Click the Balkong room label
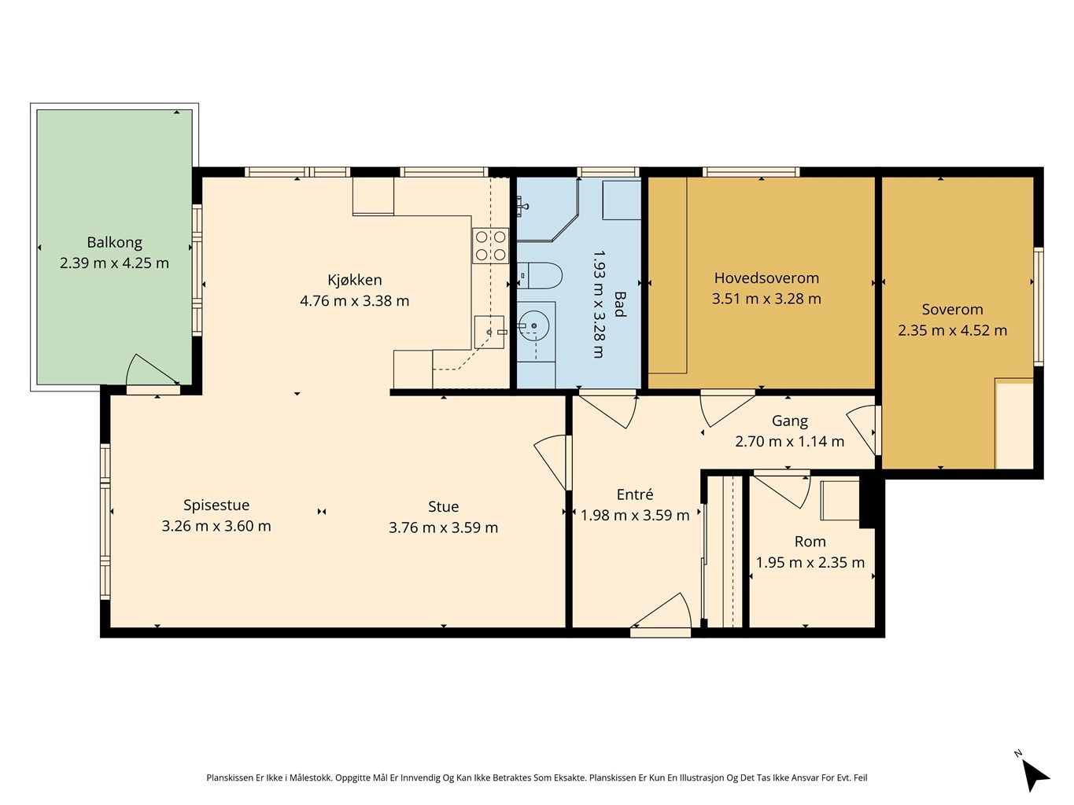115,242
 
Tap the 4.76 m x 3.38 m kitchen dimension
354,300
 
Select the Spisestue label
216,505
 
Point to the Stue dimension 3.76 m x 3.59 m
443,527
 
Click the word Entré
635,494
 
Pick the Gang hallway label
790,421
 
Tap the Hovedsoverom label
766,278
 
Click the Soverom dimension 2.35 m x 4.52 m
952,331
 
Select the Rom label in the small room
810,542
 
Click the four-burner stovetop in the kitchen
490,246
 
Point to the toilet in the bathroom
539,276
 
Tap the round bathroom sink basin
533,325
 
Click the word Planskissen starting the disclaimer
230,777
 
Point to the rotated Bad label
619,304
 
